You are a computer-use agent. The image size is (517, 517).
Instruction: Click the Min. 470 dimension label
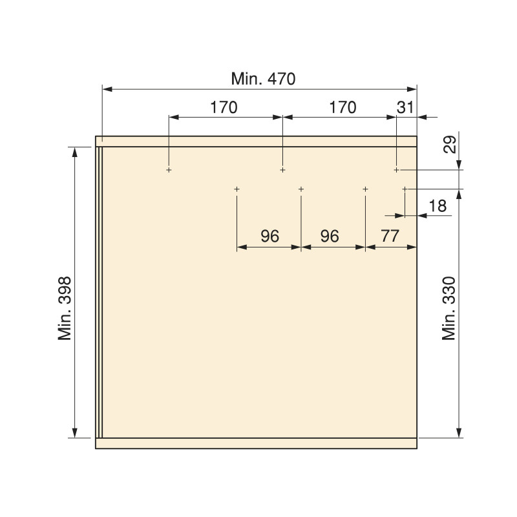[263, 79]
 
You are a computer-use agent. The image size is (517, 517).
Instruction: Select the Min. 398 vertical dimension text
[65, 308]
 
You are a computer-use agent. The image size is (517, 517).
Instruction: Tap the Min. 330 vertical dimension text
[448, 308]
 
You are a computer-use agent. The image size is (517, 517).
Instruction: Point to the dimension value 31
[405, 107]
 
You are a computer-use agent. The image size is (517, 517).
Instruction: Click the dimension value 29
[450, 144]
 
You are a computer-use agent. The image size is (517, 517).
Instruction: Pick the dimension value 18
[438, 206]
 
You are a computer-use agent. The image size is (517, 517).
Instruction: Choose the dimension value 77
[390, 236]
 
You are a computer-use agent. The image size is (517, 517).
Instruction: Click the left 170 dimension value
[224, 107]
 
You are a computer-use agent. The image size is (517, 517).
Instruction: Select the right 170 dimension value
[343, 107]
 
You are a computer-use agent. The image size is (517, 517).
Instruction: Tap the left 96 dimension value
[269, 236]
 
